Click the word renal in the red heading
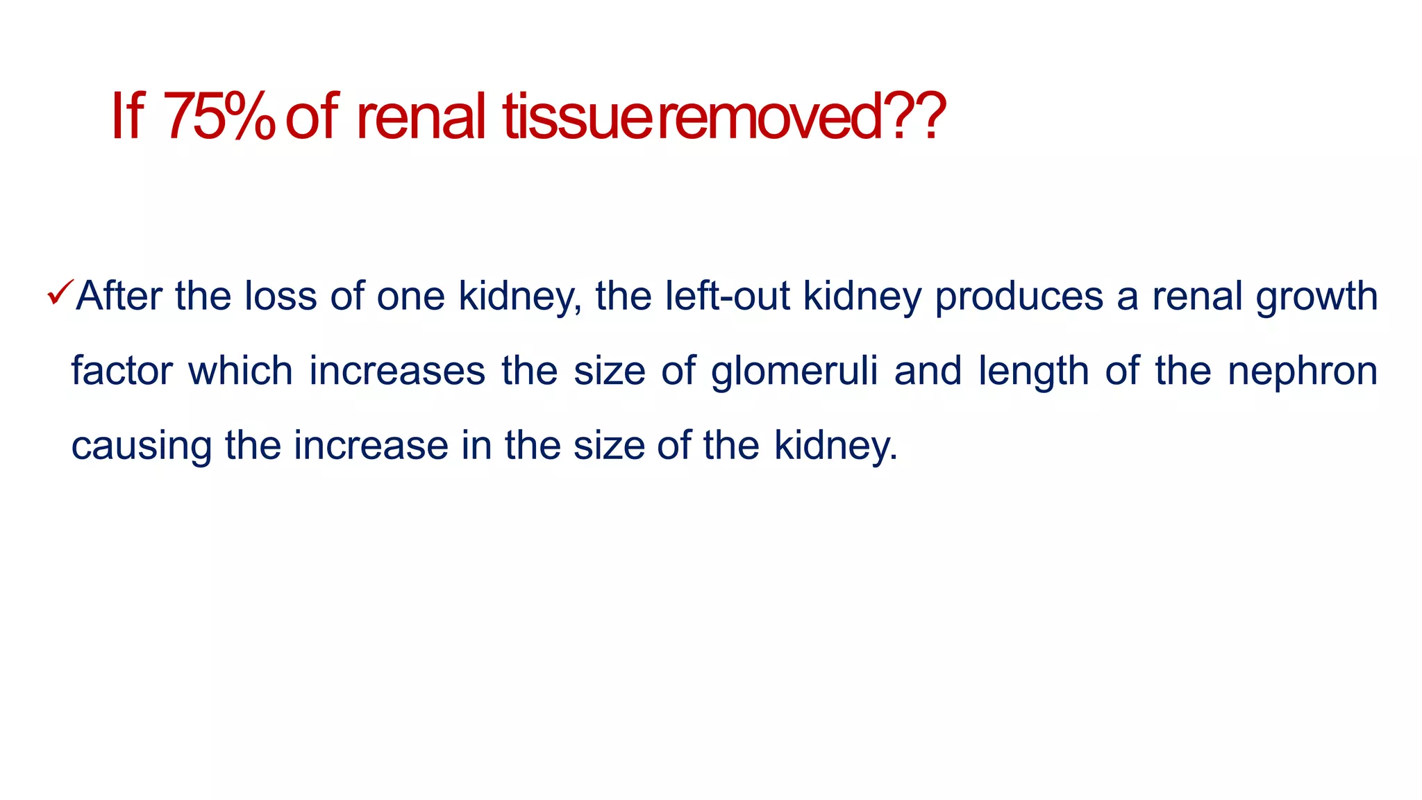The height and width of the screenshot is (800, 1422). [421, 117]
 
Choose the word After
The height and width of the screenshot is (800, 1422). [119, 296]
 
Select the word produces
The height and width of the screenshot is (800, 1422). [1019, 297]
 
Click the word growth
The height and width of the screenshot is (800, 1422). [1316, 297]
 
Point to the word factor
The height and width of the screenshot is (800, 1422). [122, 371]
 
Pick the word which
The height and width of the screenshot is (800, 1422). [240, 371]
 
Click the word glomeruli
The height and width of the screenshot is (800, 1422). [794, 372]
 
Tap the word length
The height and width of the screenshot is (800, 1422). [1033, 372]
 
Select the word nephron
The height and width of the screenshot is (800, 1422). [1303, 372]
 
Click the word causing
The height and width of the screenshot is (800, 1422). [141, 447]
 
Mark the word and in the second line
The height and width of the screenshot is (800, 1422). [928, 371]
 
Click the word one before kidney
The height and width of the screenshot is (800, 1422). [410, 297]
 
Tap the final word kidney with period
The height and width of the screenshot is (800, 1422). [836, 447]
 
